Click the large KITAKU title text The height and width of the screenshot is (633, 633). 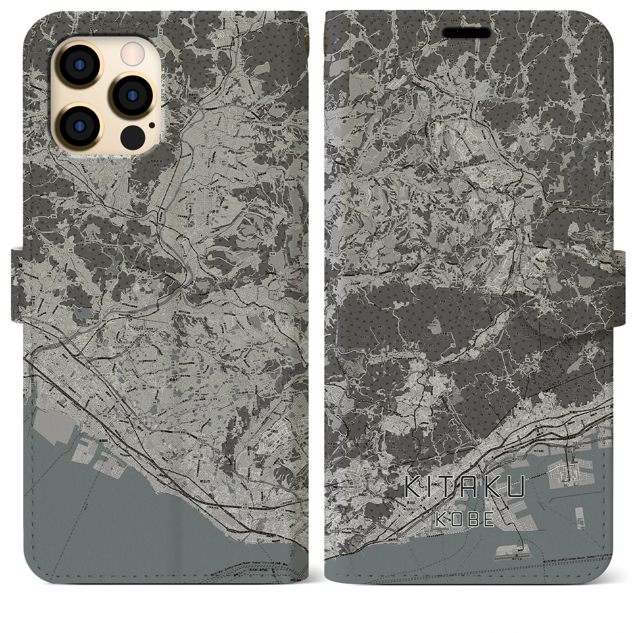pyautogui.click(x=464, y=487)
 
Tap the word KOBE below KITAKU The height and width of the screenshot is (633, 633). pyautogui.click(x=465, y=519)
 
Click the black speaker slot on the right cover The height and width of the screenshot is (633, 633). pyautogui.click(x=466, y=33)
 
